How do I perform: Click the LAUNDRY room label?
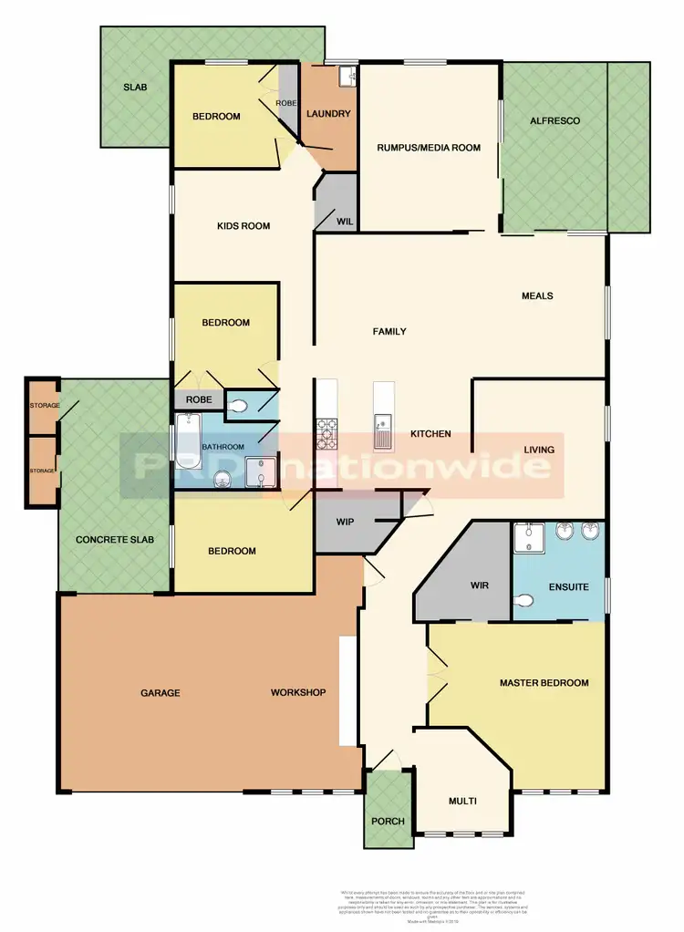point(329,114)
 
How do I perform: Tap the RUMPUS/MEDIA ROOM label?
point(429,147)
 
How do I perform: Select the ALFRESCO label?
point(555,121)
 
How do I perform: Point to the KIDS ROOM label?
point(244,226)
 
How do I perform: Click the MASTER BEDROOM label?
point(544,682)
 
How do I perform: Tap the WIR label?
point(481,585)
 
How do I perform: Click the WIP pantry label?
point(345,523)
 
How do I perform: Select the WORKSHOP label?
point(298,693)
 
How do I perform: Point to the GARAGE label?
point(160,693)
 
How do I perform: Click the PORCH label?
point(388,821)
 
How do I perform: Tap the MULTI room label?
point(462,802)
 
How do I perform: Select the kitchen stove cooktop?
point(326,432)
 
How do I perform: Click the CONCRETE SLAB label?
point(115,540)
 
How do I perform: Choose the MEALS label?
point(537,295)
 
